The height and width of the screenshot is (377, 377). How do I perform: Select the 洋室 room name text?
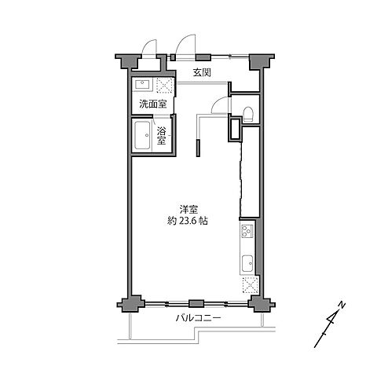coord(188,209)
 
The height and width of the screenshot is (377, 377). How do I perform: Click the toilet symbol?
coord(247,114)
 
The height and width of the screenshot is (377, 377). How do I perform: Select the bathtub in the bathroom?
coord(144,137)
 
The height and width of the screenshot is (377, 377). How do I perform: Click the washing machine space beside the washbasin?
coord(165,86)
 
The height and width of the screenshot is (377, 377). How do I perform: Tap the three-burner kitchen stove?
coord(246,231)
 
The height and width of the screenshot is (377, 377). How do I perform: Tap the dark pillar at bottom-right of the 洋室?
coord(256,304)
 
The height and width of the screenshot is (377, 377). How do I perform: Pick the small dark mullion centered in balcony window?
coord(196,302)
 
